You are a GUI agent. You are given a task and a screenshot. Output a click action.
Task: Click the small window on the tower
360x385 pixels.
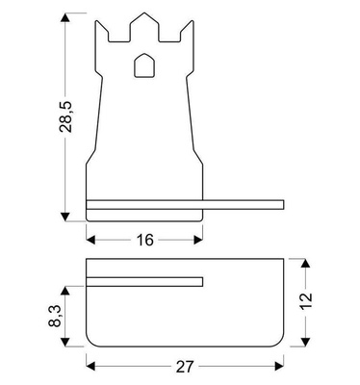[x=144, y=65]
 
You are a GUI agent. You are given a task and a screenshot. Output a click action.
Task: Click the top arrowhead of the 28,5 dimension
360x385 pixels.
[x=66, y=18]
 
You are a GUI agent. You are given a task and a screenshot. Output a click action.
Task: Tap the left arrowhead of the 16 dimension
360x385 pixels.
[x=91, y=236]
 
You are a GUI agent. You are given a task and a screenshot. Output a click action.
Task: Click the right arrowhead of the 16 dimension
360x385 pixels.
[x=199, y=236]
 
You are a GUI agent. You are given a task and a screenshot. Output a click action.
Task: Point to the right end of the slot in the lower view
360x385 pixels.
[x=203, y=281]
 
